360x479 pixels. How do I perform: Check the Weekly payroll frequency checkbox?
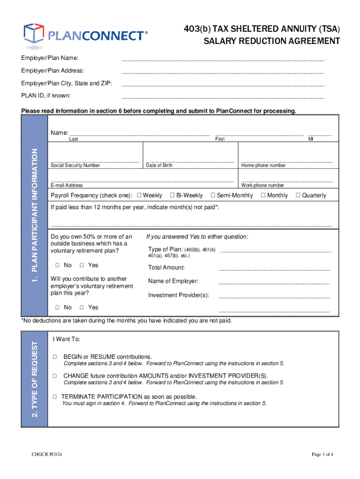click(x=139, y=195)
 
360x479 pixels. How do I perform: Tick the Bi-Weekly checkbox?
click(x=172, y=195)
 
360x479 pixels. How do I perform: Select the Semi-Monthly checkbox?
click(x=213, y=195)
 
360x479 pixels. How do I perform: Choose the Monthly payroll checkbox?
click(x=263, y=195)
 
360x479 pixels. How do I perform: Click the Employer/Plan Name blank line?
click(x=223, y=60)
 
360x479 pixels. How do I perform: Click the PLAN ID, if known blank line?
click(x=223, y=97)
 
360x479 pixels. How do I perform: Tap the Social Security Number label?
click(x=75, y=166)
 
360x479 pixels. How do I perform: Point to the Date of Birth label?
click(x=159, y=166)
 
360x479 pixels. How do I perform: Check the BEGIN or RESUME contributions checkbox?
click(x=55, y=356)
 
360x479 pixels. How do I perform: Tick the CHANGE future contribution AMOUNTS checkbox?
click(x=55, y=376)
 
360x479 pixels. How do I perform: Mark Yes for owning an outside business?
click(x=81, y=265)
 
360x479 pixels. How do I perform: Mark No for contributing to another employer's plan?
click(x=56, y=307)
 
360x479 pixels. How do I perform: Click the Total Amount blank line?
click(x=274, y=269)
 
